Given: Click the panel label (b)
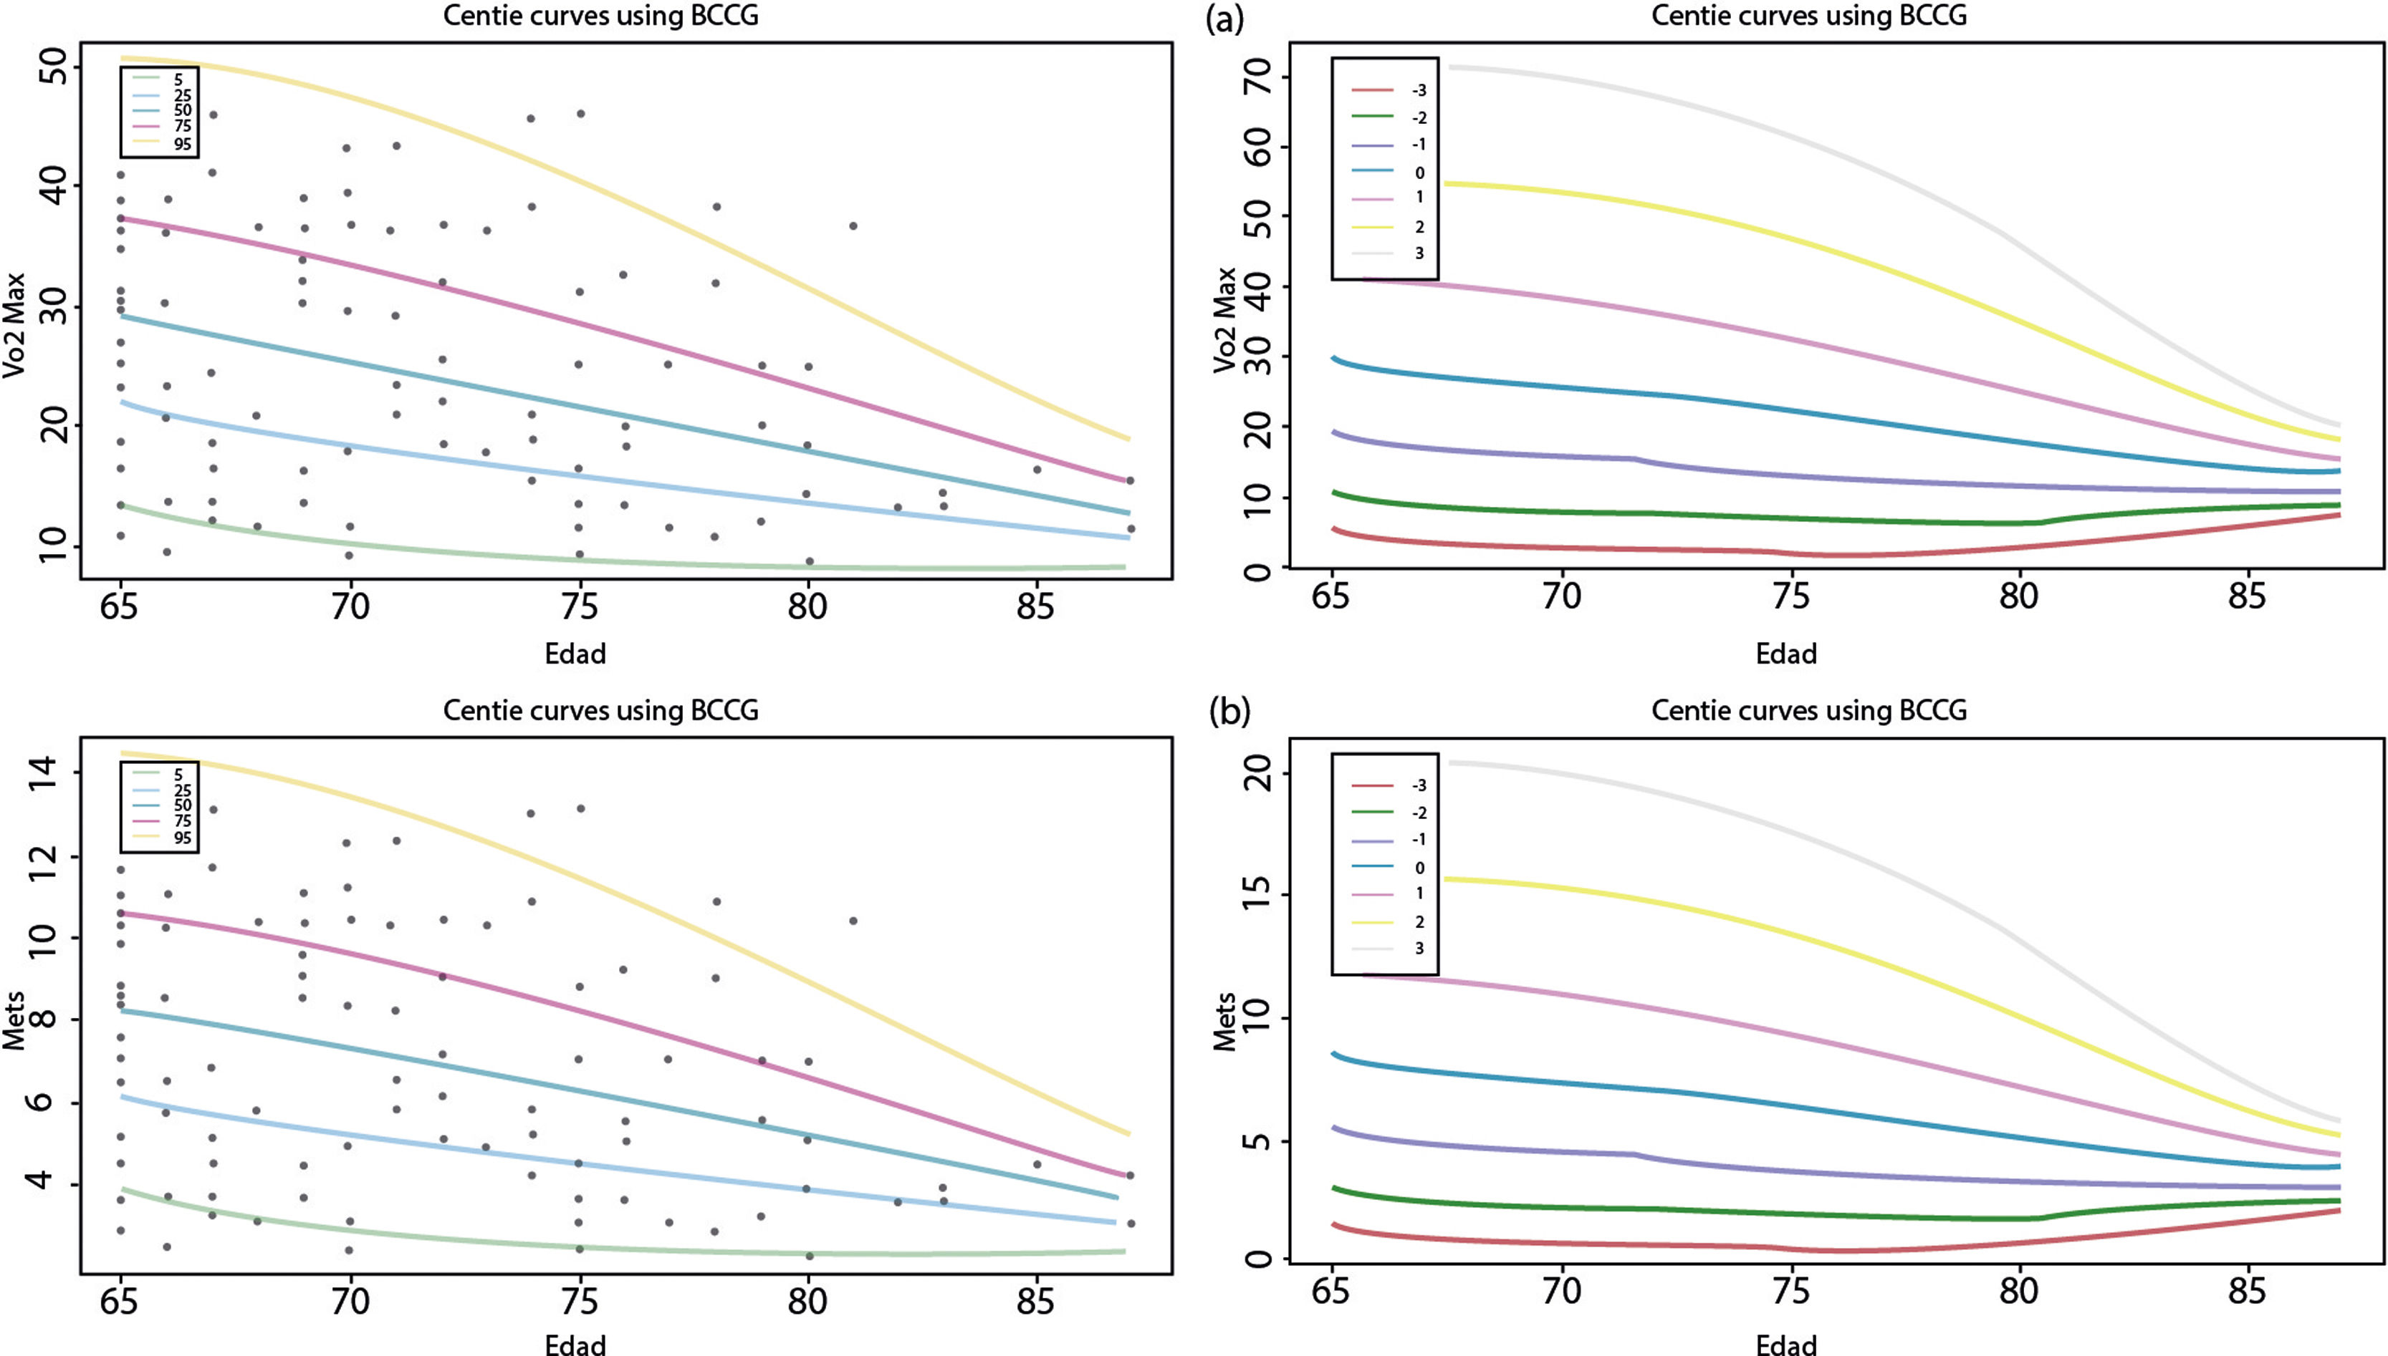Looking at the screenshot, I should click(1229, 712).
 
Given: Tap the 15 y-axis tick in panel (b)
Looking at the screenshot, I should click(1258, 895).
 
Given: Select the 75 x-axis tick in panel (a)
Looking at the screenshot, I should click(1790, 596).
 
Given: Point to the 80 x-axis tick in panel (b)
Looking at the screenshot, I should click(2018, 1291).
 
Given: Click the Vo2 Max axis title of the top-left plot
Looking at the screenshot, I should click(15, 326).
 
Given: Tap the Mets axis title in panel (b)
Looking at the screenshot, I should click(1225, 1022).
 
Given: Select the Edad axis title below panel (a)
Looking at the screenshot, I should click(1786, 654).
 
